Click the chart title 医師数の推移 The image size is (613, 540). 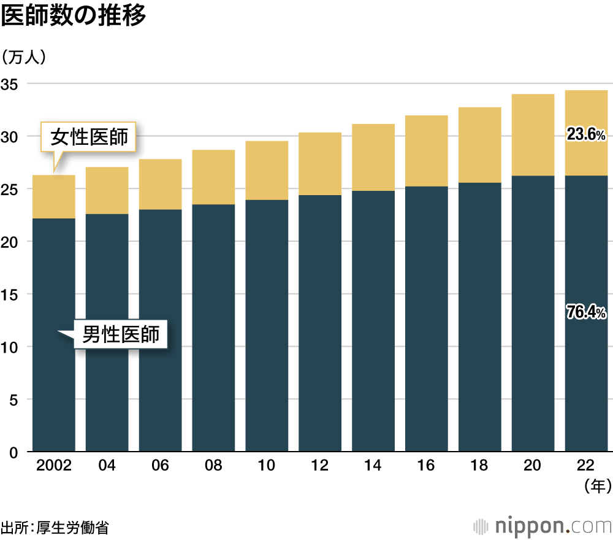coord(74,17)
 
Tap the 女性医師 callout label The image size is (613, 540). coord(89,136)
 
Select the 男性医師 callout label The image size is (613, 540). coord(121,334)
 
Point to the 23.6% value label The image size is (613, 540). coord(586,135)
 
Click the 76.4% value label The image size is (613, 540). coord(586,313)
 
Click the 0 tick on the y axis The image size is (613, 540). coord(13,452)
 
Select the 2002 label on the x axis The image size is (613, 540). coord(54,466)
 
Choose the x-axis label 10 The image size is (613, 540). coord(267,466)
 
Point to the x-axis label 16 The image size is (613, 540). coord(426,466)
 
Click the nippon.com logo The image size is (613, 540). coord(543,526)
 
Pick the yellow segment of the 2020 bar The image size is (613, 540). coord(533,135)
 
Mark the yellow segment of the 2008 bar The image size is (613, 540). coord(213,177)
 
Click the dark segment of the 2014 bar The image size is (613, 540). coord(373,319)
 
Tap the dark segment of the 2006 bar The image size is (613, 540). coord(160,331)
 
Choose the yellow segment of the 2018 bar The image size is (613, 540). coord(479,145)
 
